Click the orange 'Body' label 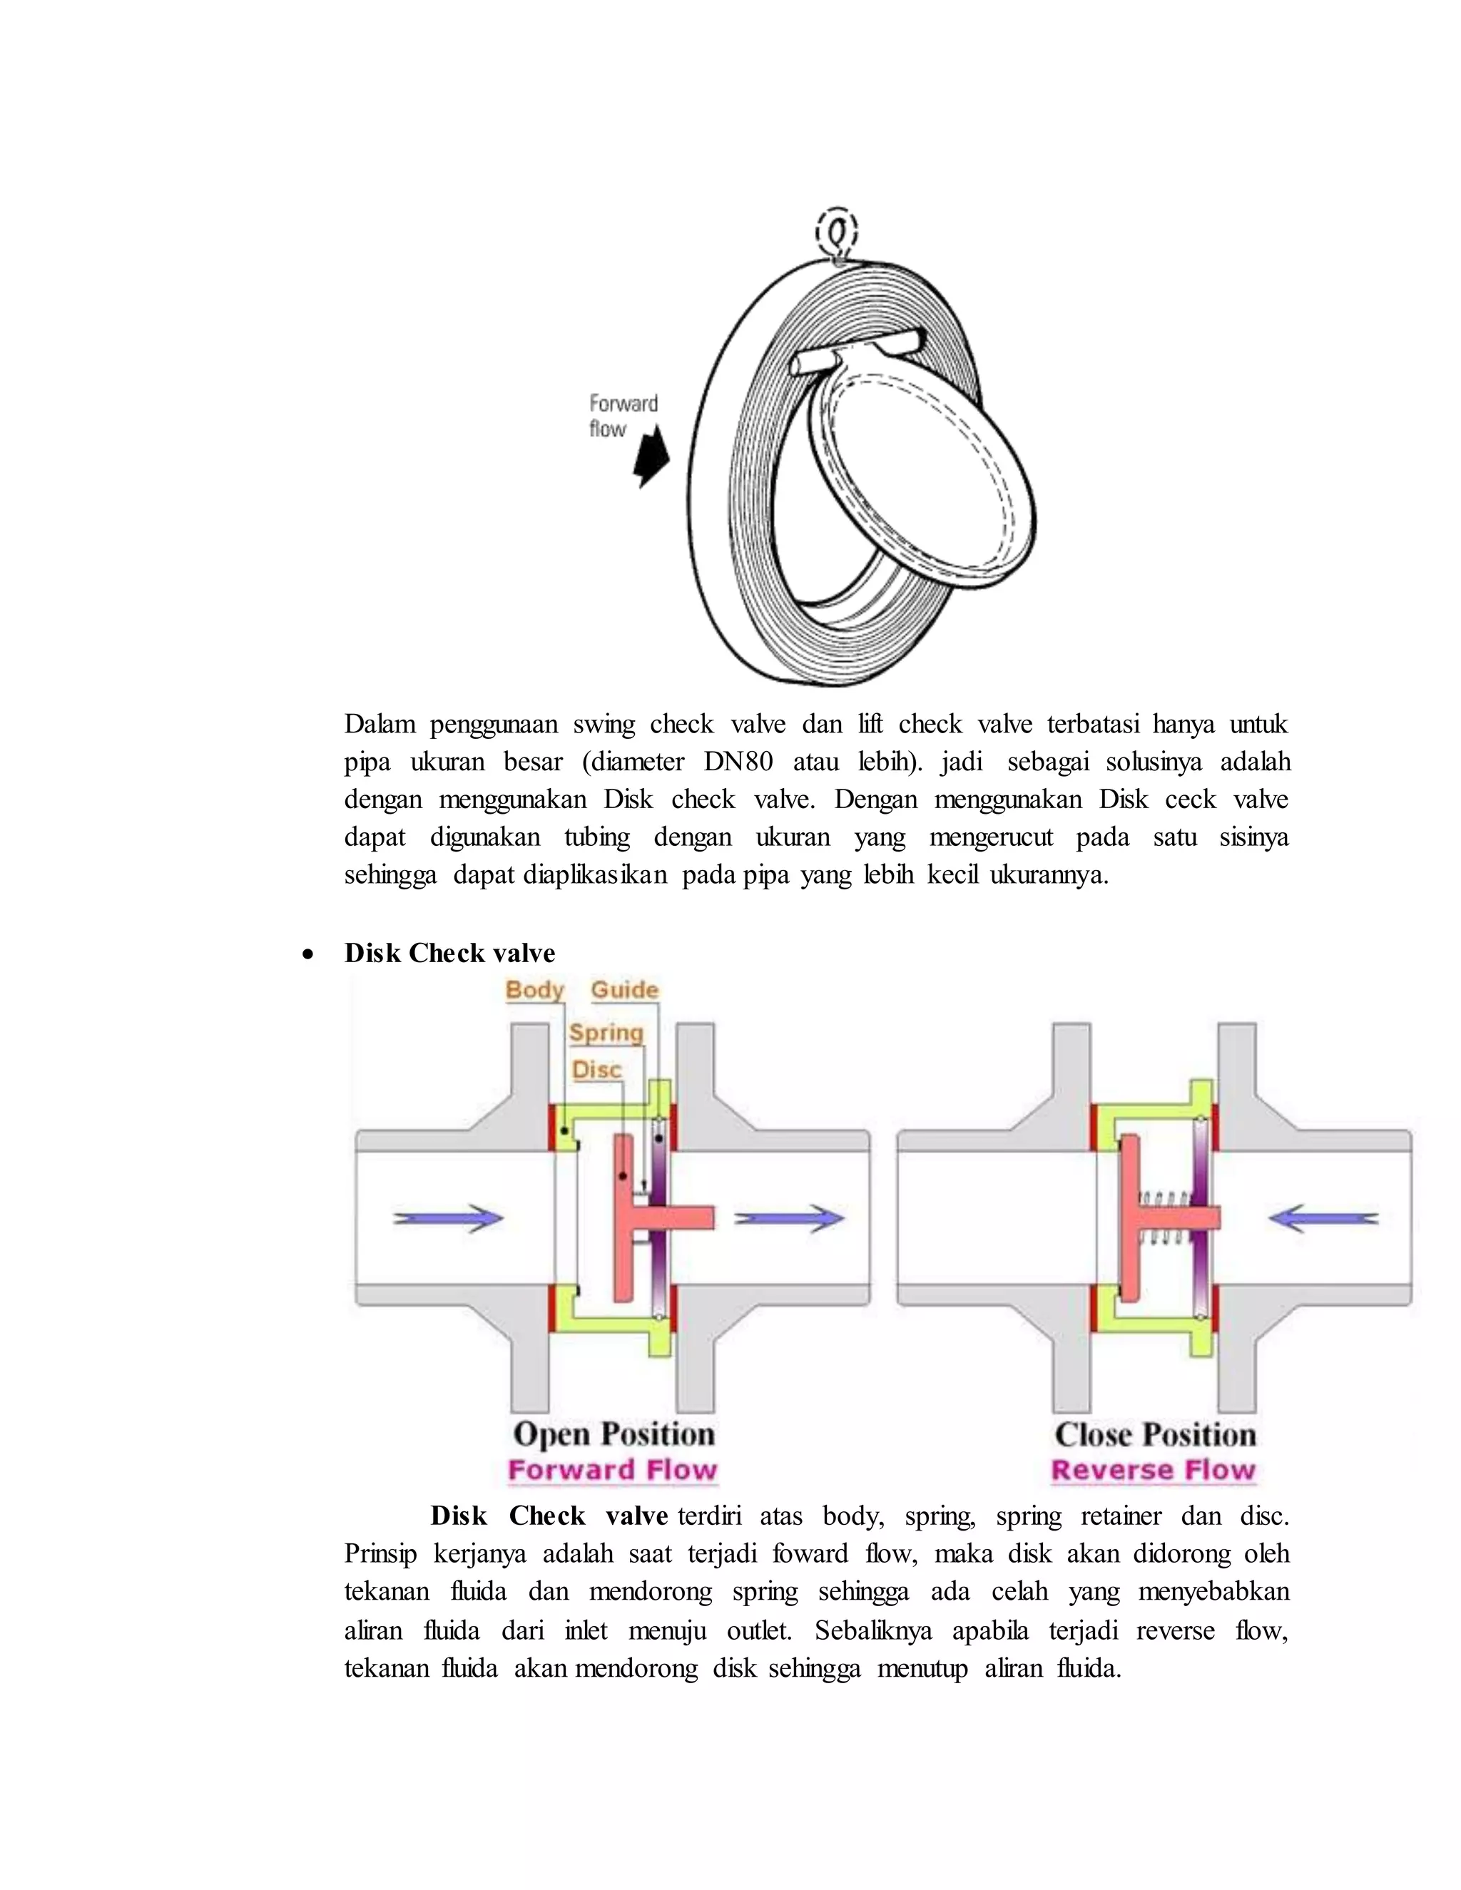(534, 990)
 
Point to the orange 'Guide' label (624, 990)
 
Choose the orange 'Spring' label (606, 1033)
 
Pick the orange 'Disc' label (596, 1071)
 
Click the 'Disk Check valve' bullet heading (449, 954)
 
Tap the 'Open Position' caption (614, 1434)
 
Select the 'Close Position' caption (1155, 1435)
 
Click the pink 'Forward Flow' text (613, 1471)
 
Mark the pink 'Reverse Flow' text (1153, 1471)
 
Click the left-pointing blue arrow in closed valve (1323, 1218)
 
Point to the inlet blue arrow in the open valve (448, 1218)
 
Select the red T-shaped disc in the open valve (626, 1218)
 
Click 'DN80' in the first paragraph (738, 762)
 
